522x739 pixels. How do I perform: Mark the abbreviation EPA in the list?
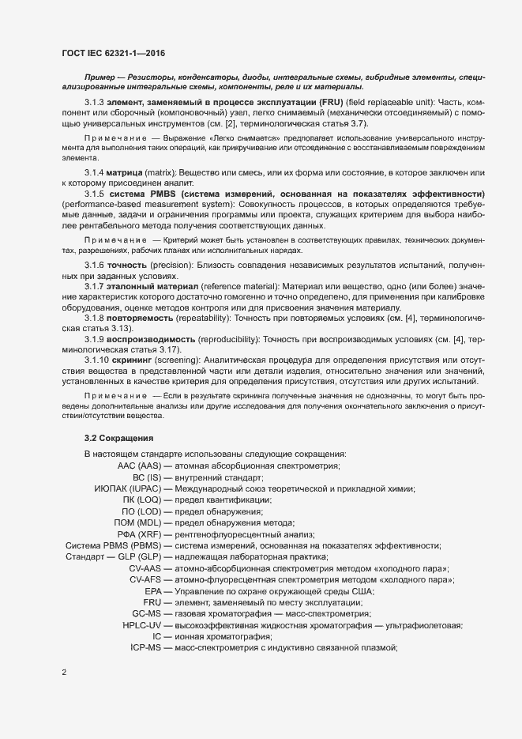click(x=152, y=591)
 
